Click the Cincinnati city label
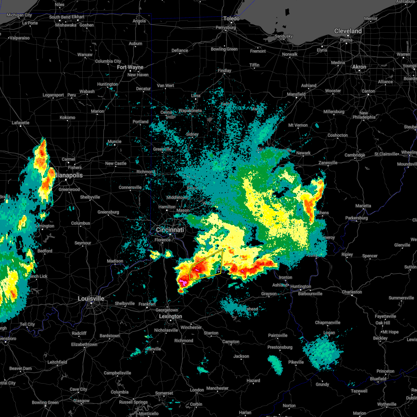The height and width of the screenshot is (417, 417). (170, 230)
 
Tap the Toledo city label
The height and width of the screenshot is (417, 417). (231, 18)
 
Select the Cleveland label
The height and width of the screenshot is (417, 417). (348, 31)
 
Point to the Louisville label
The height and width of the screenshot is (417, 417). (91, 299)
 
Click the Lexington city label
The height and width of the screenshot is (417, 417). (170, 316)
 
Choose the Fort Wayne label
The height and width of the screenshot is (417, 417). (130, 67)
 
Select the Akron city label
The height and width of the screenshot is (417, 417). (359, 67)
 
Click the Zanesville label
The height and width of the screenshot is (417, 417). (328, 163)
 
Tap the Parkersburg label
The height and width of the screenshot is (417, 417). (357, 218)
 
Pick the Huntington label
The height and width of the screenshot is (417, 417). (301, 286)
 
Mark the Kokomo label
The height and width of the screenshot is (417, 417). (67, 117)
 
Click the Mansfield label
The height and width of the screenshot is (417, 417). (296, 94)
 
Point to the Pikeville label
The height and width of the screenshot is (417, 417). (296, 362)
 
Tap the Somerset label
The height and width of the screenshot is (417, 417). (164, 393)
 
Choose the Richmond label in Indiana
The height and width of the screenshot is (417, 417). (146, 172)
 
